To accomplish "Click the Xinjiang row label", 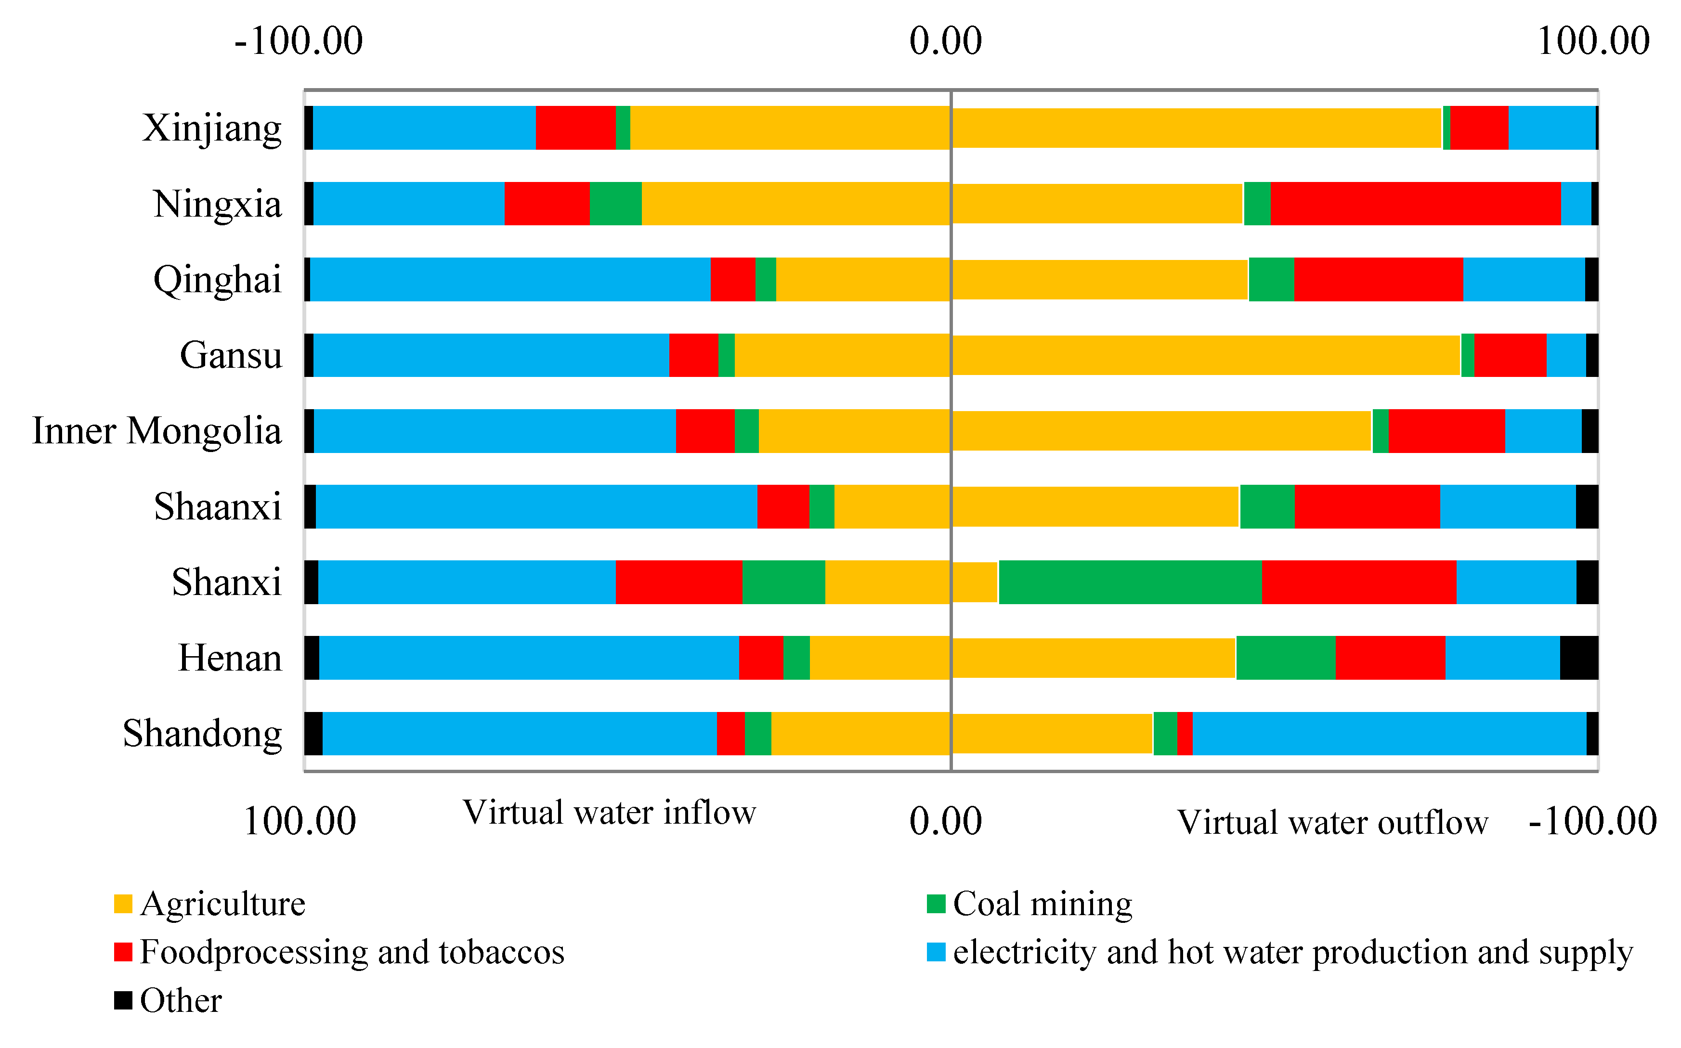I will click(x=212, y=128).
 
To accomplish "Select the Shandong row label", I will click(x=202, y=733).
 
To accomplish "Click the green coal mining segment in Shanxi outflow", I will click(x=1130, y=582).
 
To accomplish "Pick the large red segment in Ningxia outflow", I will click(x=1416, y=204).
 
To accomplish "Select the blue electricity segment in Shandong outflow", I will click(x=1389, y=733).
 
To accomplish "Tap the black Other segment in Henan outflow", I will click(x=1579, y=658).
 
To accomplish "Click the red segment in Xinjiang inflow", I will click(x=575, y=128).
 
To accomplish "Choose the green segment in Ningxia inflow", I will click(x=615, y=204).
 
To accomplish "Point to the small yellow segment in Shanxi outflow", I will click(x=975, y=582).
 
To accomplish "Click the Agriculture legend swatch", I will click(x=123, y=904).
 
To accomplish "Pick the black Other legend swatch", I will click(x=123, y=1000).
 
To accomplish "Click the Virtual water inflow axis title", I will click(x=609, y=812).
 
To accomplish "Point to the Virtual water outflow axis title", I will click(x=1332, y=823).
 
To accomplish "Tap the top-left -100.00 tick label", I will click(x=299, y=41).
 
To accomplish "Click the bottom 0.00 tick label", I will click(x=946, y=822).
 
